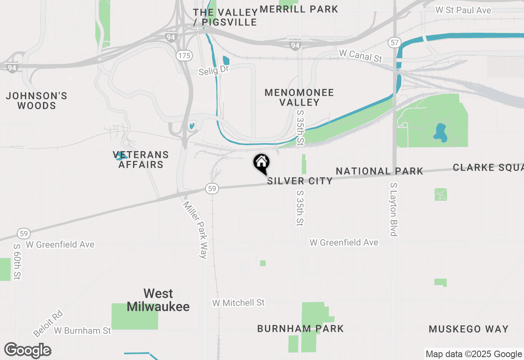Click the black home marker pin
262,163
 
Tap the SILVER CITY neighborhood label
300,181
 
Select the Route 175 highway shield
185,56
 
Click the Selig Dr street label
213,70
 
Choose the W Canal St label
360,56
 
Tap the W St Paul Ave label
463,10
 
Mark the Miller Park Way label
195,230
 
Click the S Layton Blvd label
394,209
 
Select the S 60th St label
17,262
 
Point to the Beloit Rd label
48,324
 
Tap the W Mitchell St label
238,303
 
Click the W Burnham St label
82,330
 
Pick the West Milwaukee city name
158,300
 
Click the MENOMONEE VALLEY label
299,97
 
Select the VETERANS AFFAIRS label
141,160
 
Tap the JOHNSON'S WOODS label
36,101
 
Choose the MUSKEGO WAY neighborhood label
469,329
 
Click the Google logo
28,351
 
